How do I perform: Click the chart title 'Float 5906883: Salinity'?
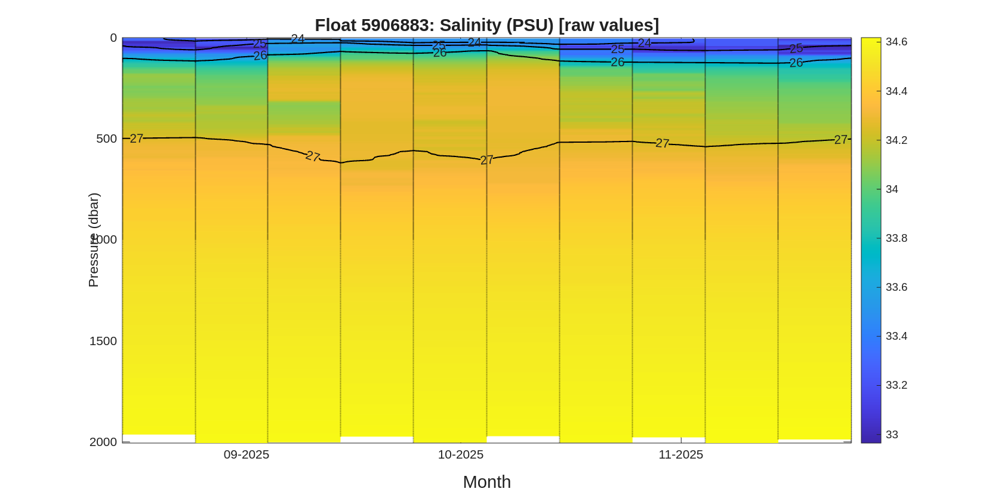coord(486,25)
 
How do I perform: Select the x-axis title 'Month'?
coord(486,482)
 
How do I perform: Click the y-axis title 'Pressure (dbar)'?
coord(94,240)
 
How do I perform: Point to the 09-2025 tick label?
coord(247,454)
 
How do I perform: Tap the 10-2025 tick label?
coord(461,454)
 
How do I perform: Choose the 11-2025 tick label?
coord(680,454)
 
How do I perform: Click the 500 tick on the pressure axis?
coord(106,139)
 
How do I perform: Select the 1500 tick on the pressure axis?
coord(103,341)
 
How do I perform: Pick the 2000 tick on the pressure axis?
coord(103,442)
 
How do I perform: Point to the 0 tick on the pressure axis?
coord(113,38)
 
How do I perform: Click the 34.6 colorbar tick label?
coord(896,42)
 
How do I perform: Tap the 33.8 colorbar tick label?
coord(896,238)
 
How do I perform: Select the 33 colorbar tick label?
coord(892,435)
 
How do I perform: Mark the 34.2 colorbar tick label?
coord(896,140)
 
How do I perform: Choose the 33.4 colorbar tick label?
coord(896,336)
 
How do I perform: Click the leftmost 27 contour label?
coord(137,139)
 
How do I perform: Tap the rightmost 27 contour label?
coord(840,140)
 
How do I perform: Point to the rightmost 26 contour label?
coord(796,63)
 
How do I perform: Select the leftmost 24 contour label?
coord(298,39)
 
